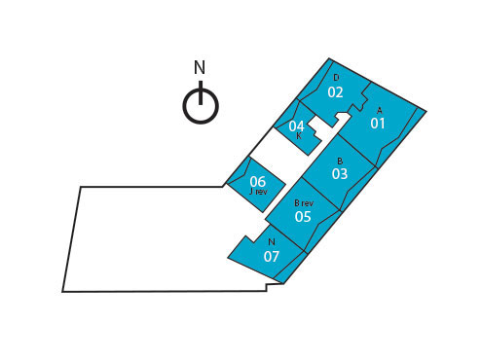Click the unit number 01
378,124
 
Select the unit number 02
335,92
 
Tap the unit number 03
339,174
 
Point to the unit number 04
297,126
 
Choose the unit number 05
303,216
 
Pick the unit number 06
257,181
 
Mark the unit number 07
272,256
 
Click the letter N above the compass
200,68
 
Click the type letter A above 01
379,110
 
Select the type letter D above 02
336,78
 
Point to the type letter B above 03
340,161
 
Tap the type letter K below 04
298,136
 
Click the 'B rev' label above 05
304,202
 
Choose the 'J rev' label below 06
258,192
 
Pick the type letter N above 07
272,242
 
